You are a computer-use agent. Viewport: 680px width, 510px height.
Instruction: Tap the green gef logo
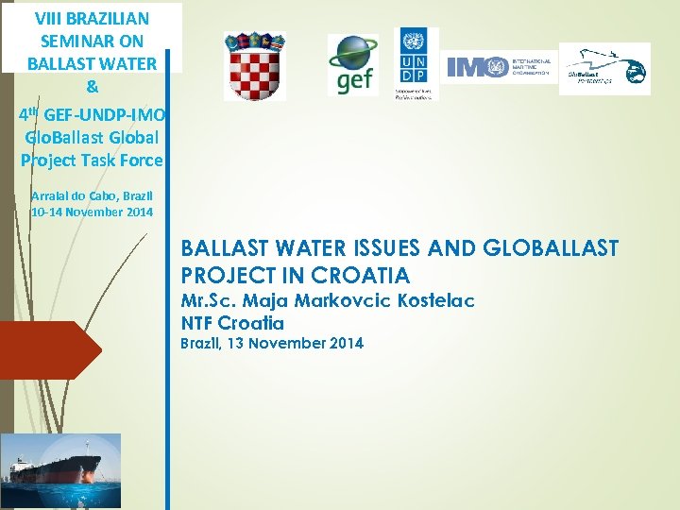click(x=353, y=64)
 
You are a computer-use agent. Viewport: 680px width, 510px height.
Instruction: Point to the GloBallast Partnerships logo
click(x=603, y=69)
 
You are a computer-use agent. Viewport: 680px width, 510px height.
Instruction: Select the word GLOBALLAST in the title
click(x=551, y=248)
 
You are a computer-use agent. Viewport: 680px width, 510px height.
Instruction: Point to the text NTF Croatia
click(x=232, y=322)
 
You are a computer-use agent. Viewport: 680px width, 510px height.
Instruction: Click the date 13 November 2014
click(x=299, y=343)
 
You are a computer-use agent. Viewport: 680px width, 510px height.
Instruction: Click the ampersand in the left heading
click(x=92, y=88)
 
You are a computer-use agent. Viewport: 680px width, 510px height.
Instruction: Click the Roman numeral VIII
click(x=49, y=17)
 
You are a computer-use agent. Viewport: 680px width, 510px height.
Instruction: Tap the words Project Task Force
click(x=92, y=160)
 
